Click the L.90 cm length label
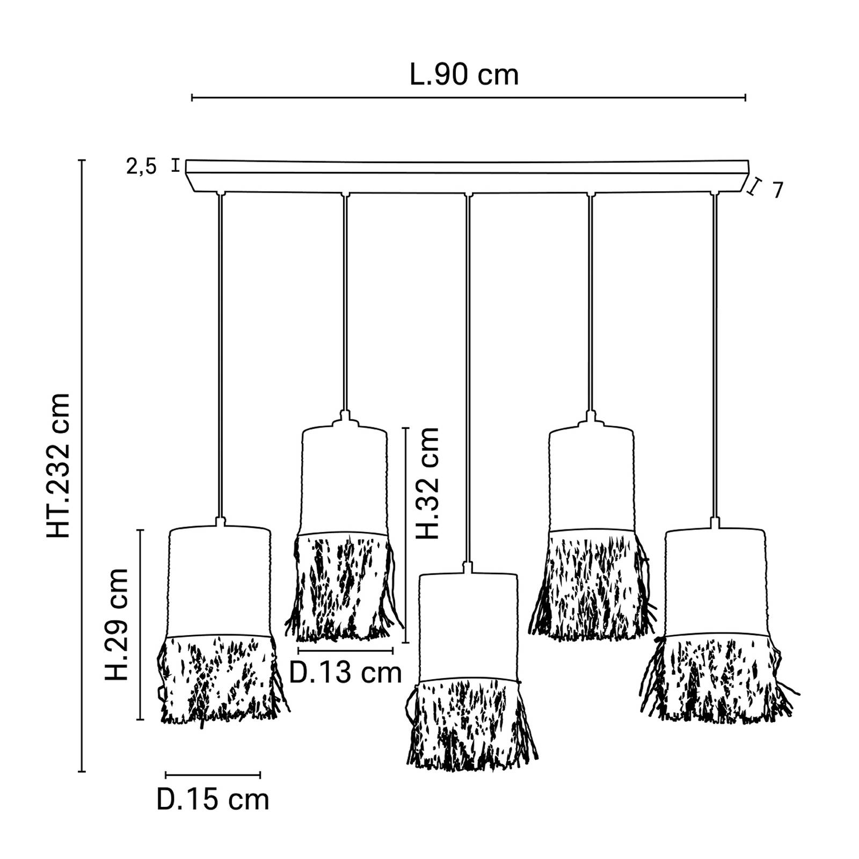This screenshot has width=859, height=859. pyautogui.click(x=464, y=75)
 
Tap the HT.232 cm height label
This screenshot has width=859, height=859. pyautogui.click(x=59, y=465)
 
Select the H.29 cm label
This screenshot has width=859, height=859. pyautogui.click(x=117, y=624)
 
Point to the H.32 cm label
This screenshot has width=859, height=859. pyautogui.click(x=428, y=483)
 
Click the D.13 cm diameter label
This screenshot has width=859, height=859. pyautogui.click(x=345, y=673)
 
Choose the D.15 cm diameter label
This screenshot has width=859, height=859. pyautogui.click(x=213, y=800)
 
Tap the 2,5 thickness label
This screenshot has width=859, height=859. pyautogui.click(x=141, y=167)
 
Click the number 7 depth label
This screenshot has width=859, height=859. pyautogui.click(x=778, y=190)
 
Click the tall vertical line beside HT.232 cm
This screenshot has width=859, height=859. pyautogui.click(x=82, y=465)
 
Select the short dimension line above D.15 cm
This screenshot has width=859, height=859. pyautogui.click(x=213, y=775)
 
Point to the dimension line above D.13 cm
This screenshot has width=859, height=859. pyautogui.click(x=345, y=651)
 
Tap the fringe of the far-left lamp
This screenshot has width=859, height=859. pyautogui.click(x=220, y=679)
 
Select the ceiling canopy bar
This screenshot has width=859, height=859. pyautogui.click(x=467, y=176)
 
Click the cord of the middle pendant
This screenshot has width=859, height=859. pyautogui.click(x=469, y=376)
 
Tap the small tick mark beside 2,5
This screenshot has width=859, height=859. pyautogui.click(x=176, y=165)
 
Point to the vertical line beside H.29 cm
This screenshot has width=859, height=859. pyautogui.click(x=141, y=624)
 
